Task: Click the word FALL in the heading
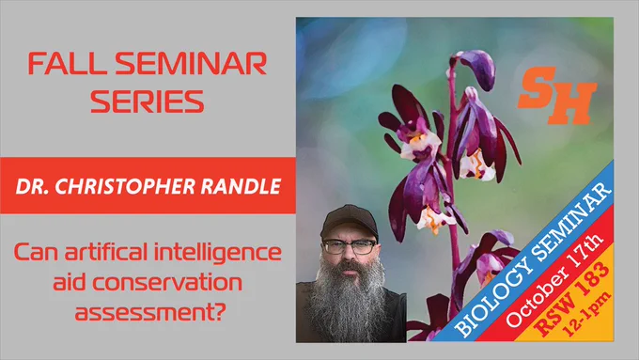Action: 65,64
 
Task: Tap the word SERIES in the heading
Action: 147,102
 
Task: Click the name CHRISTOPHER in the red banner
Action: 125,186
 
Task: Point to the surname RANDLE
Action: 241,186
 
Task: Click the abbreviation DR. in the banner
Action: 33,186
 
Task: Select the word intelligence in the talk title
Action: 218,253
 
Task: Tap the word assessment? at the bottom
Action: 150,312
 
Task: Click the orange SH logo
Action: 556,96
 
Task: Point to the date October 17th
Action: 554,281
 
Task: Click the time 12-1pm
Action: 586,313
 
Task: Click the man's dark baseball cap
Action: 350,221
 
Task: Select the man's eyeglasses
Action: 350,246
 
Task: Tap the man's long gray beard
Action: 348,301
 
